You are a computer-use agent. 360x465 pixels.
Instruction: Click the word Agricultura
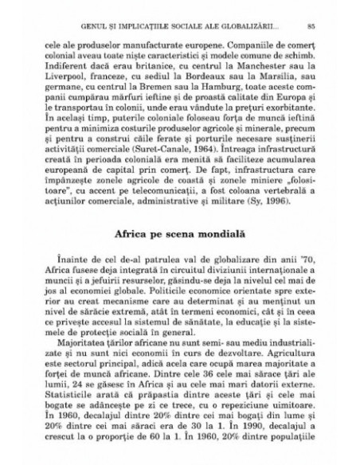coord(284,360)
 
